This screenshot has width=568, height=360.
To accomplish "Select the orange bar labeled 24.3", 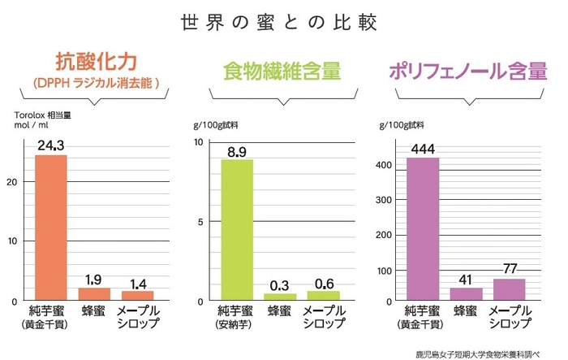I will click(x=50, y=227).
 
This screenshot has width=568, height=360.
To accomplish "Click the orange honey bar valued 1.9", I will click(x=94, y=294).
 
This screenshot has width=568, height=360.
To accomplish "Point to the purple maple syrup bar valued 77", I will click(x=509, y=289).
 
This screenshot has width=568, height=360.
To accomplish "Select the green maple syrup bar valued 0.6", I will click(x=323, y=296).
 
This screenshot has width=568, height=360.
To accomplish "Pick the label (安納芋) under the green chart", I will click(x=237, y=326).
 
